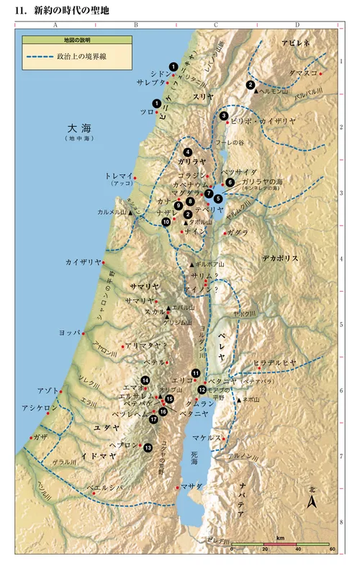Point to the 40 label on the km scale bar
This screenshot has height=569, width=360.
click(x=297, y=548)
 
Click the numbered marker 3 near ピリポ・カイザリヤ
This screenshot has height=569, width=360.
click(x=224, y=115)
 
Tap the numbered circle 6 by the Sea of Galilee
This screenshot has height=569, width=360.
click(x=230, y=182)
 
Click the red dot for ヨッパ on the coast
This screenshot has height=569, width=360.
click(x=84, y=333)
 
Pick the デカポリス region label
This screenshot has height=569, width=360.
click(x=280, y=257)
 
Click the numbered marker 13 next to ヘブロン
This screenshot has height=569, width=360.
click(x=148, y=447)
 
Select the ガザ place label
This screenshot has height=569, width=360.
click(x=40, y=436)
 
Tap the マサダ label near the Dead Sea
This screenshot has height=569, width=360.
click(x=194, y=488)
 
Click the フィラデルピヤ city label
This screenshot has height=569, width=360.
click(x=274, y=362)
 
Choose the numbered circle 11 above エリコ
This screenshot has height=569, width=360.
click(x=195, y=372)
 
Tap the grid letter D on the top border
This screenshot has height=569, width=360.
click(x=297, y=24)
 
